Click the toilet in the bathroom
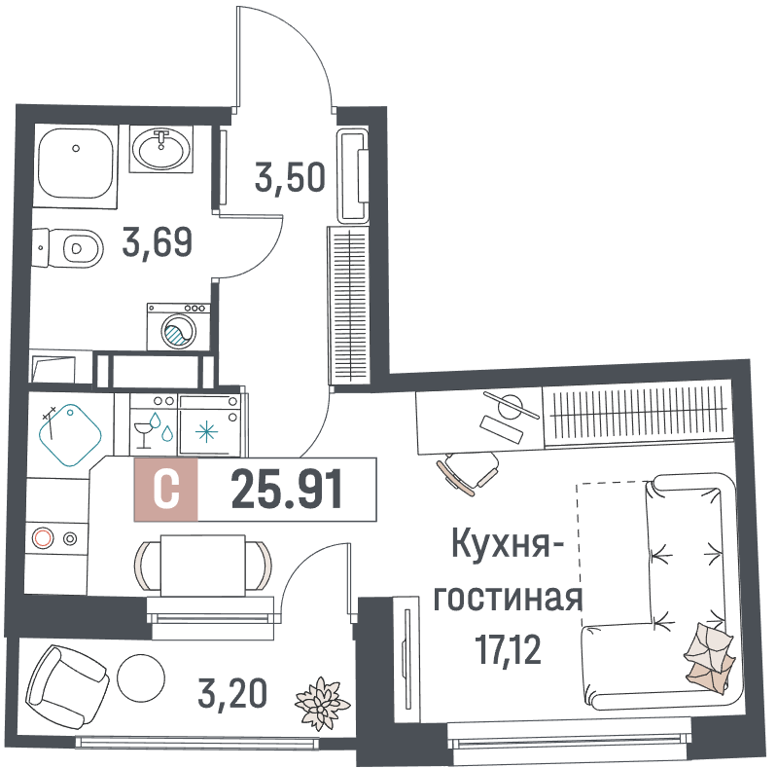68,247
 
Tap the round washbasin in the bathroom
161,149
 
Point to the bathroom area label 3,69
158,242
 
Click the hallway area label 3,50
290,177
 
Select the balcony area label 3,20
232,693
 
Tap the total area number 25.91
287,490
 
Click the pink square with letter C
166,490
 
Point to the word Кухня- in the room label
508,544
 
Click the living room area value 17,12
508,649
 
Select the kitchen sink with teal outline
70,435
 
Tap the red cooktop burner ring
43,538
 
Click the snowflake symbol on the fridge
206,430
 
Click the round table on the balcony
141,677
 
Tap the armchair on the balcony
67,686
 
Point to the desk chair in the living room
469,473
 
